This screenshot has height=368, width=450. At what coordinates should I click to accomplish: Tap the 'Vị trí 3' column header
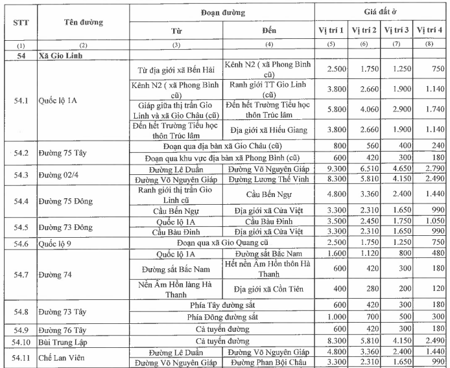[397, 30]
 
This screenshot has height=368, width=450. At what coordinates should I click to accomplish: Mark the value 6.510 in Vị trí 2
[364, 168]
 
